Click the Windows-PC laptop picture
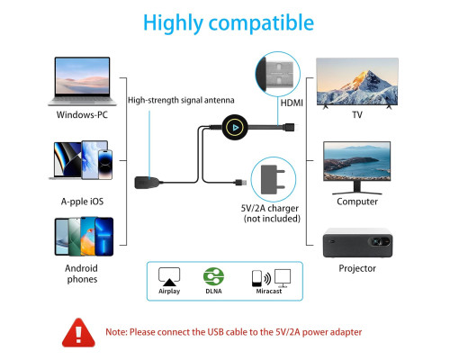[x=82, y=81]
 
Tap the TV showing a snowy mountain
[x=357, y=84]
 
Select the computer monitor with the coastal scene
[x=357, y=168]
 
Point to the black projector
[x=357, y=243]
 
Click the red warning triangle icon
[x=78, y=333]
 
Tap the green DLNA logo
[x=213, y=276]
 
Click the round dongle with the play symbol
[x=235, y=128]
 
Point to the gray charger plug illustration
[x=273, y=179]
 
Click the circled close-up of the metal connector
[x=277, y=74]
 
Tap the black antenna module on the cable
[x=147, y=183]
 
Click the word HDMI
[x=292, y=103]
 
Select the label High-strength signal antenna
[x=181, y=100]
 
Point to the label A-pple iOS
[x=82, y=202]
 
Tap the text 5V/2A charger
[x=270, y=208]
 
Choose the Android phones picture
[x=84, y=237]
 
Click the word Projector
[x=357, y=268]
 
